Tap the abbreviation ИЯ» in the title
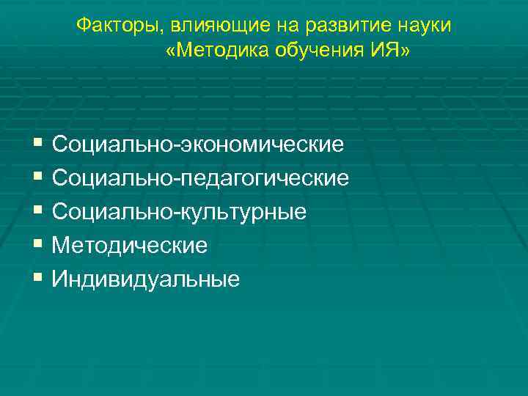391,52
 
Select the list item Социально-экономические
198,144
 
